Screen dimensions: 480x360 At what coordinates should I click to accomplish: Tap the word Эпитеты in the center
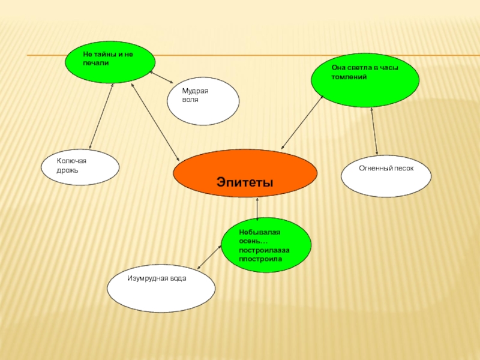click(x=245, y=182)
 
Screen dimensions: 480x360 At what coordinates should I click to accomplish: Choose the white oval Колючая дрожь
click(x=80, y=167)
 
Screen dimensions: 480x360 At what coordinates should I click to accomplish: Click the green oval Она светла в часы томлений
click(x=365, y=80)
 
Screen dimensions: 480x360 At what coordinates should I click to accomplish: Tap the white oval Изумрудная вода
click(x=161, y=288)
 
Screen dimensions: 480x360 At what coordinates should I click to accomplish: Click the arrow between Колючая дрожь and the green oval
click(x=101, y=116)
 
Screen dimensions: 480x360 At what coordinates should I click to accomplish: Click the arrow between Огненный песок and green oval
click(x=374, y=131)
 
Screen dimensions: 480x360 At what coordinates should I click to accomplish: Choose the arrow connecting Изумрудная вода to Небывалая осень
click(x=209, y=256)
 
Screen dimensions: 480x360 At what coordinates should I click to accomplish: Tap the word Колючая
click(x=71, y=161)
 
